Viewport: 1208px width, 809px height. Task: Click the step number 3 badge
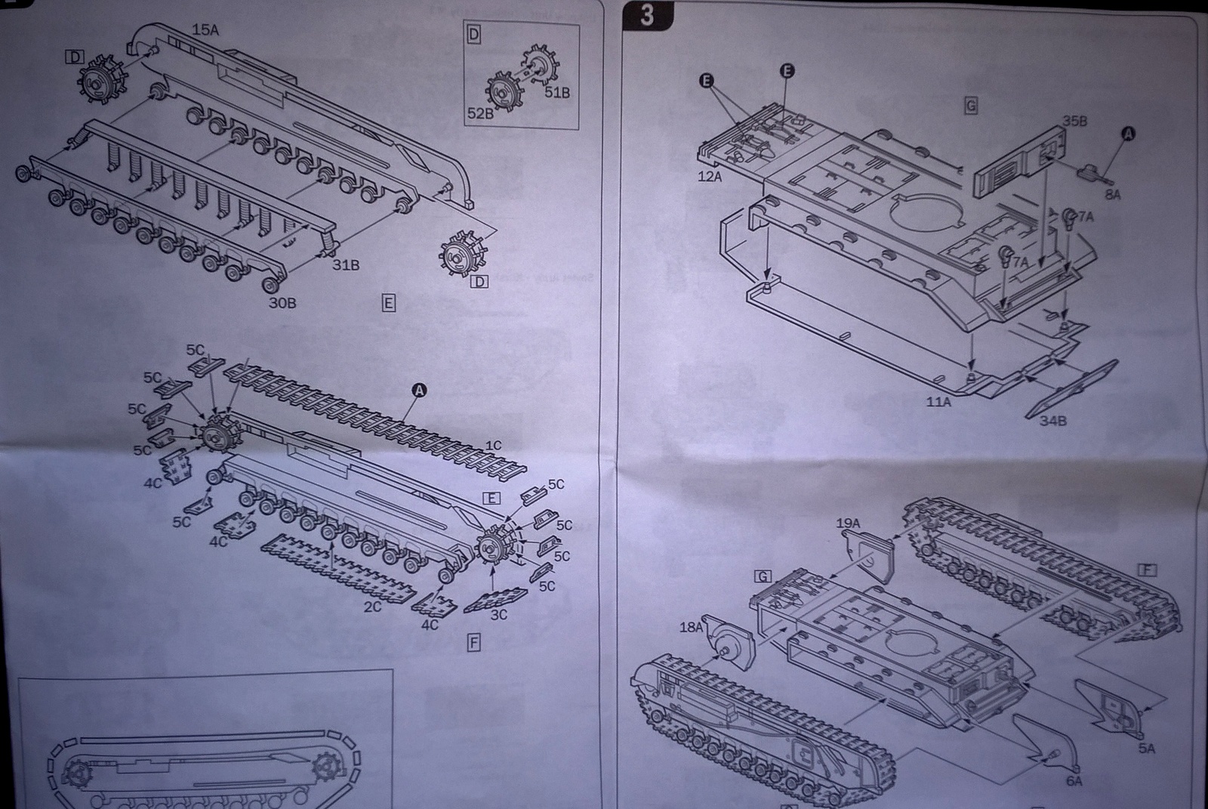click(647, 15)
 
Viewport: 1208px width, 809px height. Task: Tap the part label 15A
click(205, 30)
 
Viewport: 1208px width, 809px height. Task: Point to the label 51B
click(557, 93)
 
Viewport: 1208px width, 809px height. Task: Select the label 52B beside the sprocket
click(479, 113)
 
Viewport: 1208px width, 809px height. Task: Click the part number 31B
click(346, 265)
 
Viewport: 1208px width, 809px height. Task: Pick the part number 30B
click(282, 303)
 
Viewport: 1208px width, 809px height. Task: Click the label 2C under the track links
click(372, 607)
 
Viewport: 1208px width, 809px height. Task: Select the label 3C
click(498, 614)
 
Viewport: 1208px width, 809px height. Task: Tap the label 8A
click(1112, 195)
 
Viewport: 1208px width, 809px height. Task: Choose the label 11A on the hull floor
click(938, 402)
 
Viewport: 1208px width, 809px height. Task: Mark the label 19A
click(849, 523)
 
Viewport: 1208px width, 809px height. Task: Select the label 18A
click(692, 626)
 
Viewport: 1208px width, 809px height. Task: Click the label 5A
click(1146, 748)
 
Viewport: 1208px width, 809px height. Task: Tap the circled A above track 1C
click(419, 390)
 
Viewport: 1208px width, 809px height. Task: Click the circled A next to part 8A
click(1129, 133)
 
